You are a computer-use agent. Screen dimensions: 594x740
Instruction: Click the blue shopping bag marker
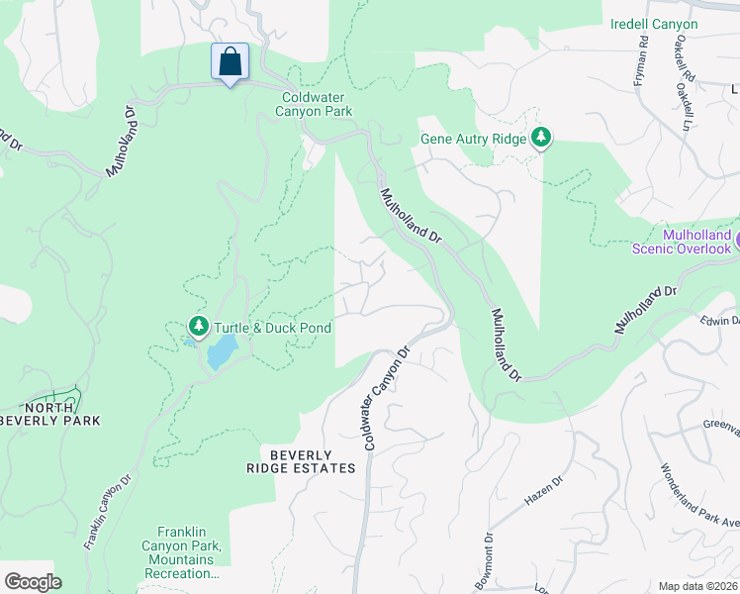click(x=230, y=63)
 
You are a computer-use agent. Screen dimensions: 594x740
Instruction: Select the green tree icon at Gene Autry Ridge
click(x=541, y=138)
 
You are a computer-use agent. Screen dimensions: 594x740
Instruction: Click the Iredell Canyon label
click(x=654, y=24)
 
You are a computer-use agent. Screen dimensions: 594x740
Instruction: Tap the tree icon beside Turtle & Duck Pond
click(x=199, y=326)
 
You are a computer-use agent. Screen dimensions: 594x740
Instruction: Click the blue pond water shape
click(x=222, y=349)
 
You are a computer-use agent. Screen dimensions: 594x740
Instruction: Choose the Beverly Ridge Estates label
click(x=300, y=460)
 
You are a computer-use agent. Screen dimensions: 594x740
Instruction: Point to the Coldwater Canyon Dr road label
click(x=386, y=399)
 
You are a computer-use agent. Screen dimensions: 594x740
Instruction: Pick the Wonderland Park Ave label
click(x=698, y=495)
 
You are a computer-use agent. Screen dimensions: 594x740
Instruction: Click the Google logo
click(x=33, y=582)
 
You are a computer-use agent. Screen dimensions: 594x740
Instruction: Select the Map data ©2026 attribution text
click(x=697, y=586)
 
